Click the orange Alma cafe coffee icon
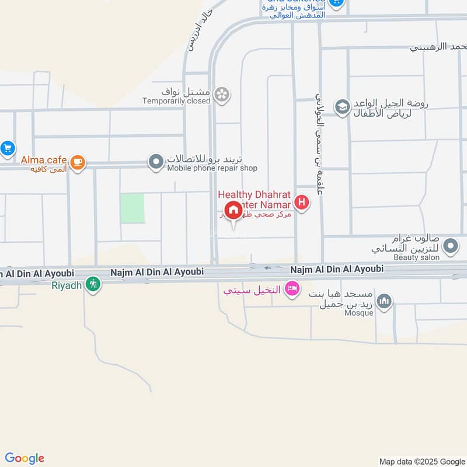[x=78, y=162]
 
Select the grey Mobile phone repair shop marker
[x=156, y=162]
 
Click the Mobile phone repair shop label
[x=212, y=168]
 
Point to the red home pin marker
[x=233, y=211]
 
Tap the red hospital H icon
[x=302, y=203]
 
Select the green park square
[x=133, y=208]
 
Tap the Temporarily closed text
[x=176, y=101]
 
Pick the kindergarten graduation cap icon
[x=342, y=107]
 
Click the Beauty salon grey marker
[x=450, y=248]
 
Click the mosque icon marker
[x=384, y=302]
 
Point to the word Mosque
[x=358, y=313]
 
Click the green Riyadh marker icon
[x=93, y=284]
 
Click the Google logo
[x=25, y=458]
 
